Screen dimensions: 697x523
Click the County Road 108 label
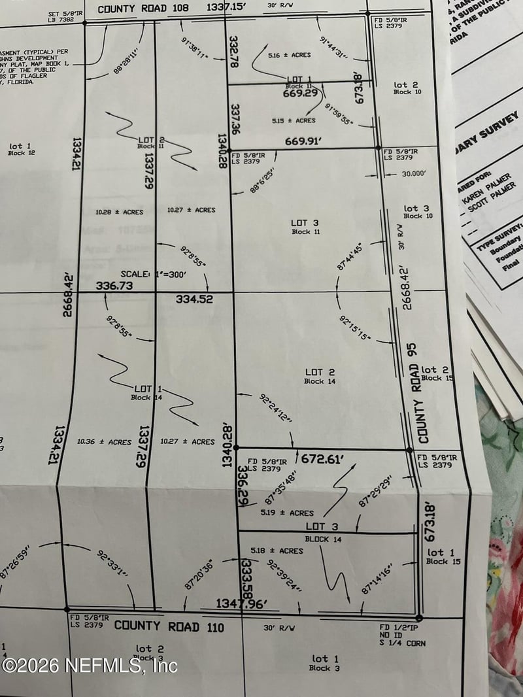[x=141, y=9]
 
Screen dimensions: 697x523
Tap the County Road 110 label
[x=169, y=626]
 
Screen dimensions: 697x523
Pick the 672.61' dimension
[x=322, y=460]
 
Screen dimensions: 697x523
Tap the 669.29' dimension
[x=300, y=93]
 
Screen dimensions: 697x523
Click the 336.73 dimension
[x=114, y=286]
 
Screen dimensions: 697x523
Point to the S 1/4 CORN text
[x=403, y=643]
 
